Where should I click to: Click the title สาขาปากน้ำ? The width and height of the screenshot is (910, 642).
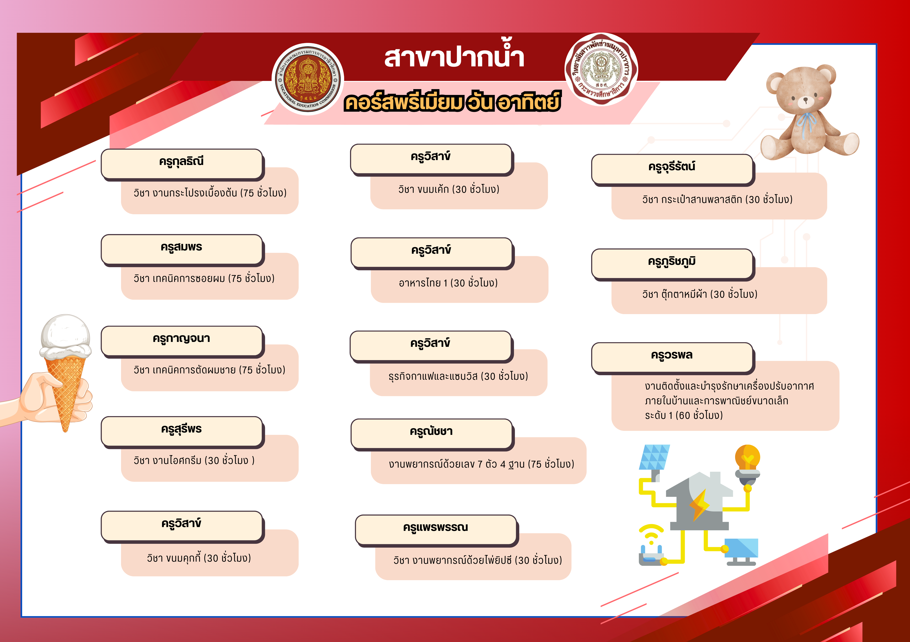point(454,57)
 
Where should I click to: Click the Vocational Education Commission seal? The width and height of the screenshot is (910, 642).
point(308,79)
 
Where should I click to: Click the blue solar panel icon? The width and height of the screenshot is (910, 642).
point(654,457)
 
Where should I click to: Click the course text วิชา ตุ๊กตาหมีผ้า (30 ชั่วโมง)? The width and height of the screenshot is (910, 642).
point(700,294)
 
